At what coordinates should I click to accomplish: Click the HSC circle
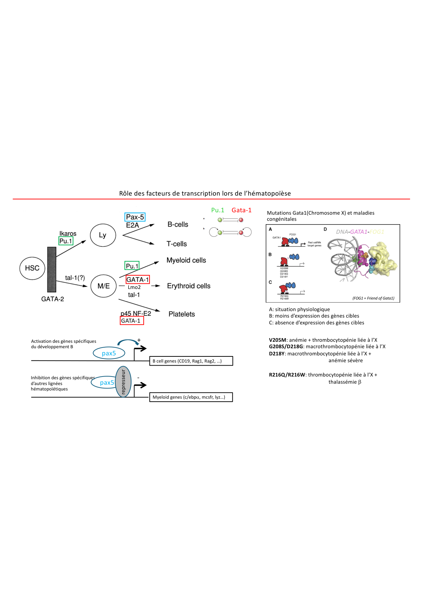(32, 268)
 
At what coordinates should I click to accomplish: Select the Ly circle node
(103, 235)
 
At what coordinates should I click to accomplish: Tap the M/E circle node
(104, 286)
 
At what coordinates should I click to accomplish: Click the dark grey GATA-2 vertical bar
(52, 269)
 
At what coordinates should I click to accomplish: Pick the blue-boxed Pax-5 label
(135, 217)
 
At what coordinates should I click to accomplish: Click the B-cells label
(178, 225)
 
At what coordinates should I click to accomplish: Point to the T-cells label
(176, 244)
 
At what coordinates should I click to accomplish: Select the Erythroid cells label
(189, 286)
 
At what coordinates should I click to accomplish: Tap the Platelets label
(181, 314)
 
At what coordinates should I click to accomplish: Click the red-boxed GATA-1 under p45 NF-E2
(132, 321)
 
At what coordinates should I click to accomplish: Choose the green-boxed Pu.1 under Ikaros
(66, 241)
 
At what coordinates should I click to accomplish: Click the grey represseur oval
(123, 382)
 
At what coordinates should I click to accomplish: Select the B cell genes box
(191, 361)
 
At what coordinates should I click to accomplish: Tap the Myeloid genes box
(191, 397)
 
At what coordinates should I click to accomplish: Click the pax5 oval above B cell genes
(109, 353)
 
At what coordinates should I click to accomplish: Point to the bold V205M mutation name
(277, 340)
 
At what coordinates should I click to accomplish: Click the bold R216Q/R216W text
(287, 375)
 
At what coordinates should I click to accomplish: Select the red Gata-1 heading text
(241, 210)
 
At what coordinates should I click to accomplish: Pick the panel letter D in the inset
(325, 229)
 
